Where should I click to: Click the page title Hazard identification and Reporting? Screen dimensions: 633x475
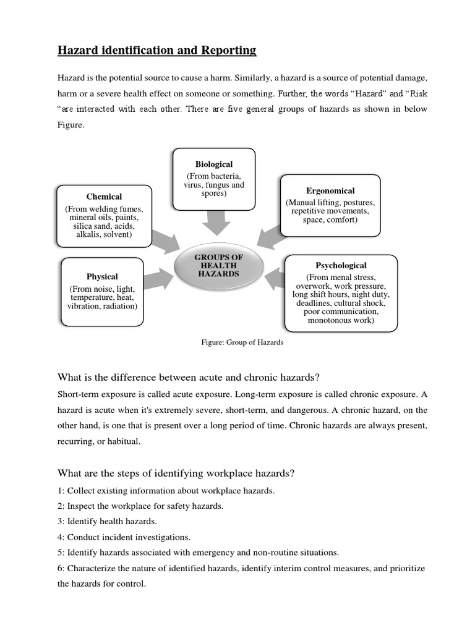[156, 50]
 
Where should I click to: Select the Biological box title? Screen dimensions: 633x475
[214, 164]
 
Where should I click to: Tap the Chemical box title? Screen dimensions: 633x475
[104, 197]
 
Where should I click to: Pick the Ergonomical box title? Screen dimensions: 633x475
[330, 190]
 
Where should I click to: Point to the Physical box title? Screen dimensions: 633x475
[102, 276]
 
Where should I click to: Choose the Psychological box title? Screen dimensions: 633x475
[341, 265]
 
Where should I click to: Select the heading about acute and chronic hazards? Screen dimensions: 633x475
[188, 377]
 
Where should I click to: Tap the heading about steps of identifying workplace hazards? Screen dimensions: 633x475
[176, 474]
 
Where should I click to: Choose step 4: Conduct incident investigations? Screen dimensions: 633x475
[124, 537]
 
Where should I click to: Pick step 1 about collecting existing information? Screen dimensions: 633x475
[166, 490]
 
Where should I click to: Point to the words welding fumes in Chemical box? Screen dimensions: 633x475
[121, 208]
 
